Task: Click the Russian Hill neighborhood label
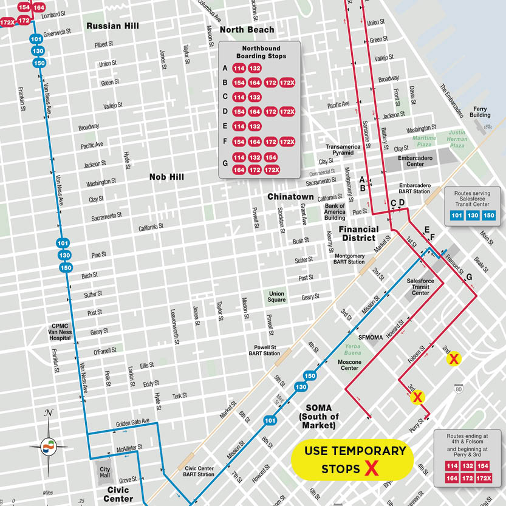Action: pos(112,26)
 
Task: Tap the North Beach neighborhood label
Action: pos(247,30)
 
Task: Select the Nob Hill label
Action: pos(166,177)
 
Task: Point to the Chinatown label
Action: pos(290,197)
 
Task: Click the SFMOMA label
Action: pos(371,337)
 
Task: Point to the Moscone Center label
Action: pos(349,365)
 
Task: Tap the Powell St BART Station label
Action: pos(263,350)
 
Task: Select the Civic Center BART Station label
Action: pos(199,471)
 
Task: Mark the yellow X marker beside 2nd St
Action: pos(453,359)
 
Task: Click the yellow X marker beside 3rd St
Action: pos(417,398)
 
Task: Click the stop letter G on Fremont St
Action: pos(468,278)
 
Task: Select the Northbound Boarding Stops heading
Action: pos(261,52)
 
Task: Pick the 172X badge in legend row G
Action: pos(272,169)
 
